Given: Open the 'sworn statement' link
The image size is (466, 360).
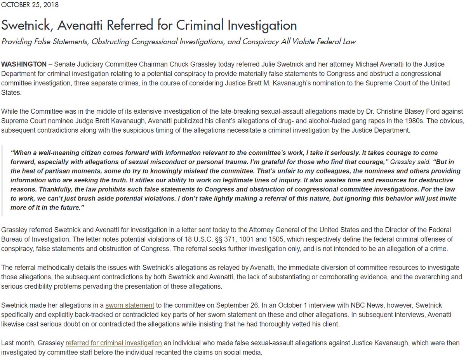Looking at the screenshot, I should pyautogui.click(x=130, y=305).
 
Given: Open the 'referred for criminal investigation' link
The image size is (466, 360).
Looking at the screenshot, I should pyautogui.click(x=114, y=343).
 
